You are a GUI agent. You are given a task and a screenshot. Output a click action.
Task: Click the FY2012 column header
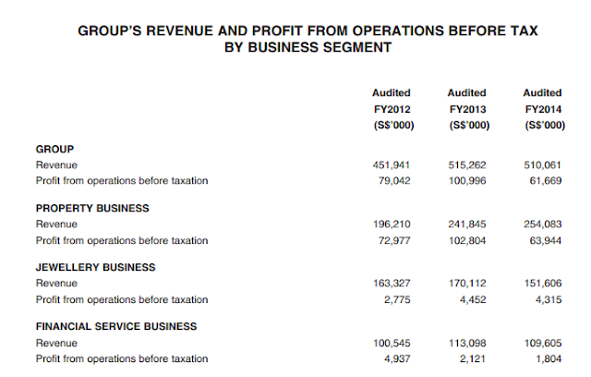392,109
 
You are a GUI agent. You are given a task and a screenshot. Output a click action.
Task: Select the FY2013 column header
468,109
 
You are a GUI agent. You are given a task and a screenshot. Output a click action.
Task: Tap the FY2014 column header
543,109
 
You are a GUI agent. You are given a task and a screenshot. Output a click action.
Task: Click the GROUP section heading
54,150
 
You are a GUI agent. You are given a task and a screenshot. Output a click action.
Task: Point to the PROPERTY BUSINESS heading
92,208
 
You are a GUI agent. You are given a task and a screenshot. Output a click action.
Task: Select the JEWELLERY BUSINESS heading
95,267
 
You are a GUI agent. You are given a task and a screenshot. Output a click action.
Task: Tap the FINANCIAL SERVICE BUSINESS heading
116,326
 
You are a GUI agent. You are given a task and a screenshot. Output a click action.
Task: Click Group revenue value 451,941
392,165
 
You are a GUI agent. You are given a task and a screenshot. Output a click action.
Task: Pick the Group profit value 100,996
467,181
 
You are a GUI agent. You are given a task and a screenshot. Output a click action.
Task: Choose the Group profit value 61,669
546,181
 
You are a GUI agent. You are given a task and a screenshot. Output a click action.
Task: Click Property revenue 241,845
467,225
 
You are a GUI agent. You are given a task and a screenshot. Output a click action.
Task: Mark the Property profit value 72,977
394,240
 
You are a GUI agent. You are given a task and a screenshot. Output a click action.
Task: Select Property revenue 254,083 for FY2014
543,225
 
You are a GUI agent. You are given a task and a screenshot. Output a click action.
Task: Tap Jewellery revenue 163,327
392,283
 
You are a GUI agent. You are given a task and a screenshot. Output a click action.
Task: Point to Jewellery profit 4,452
473,299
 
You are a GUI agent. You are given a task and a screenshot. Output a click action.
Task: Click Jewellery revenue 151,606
543,283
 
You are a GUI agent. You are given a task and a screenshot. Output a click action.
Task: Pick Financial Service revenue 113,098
467,343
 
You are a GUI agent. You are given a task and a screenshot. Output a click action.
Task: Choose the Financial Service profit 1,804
549,359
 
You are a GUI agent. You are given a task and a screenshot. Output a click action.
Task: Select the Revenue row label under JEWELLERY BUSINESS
56,283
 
